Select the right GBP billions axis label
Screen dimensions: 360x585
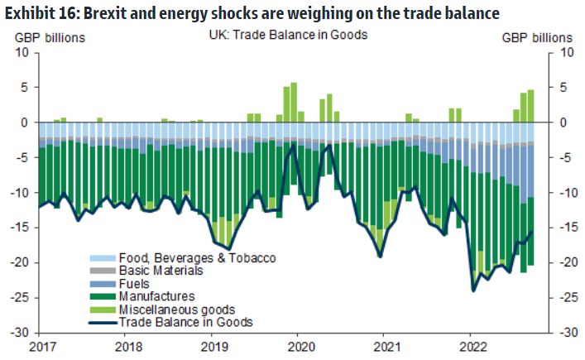[537, 37]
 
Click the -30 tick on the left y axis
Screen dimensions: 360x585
[22, 333]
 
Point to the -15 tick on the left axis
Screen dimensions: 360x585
[22, 228]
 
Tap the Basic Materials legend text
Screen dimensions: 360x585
[161, 271]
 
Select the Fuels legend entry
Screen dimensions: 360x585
[135, 283]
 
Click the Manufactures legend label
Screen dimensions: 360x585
[156, 296]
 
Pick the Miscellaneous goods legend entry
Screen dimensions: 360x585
[171, 310]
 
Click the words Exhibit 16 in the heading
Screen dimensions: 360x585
[37, 13]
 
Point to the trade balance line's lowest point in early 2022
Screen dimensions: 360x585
[473, 290]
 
